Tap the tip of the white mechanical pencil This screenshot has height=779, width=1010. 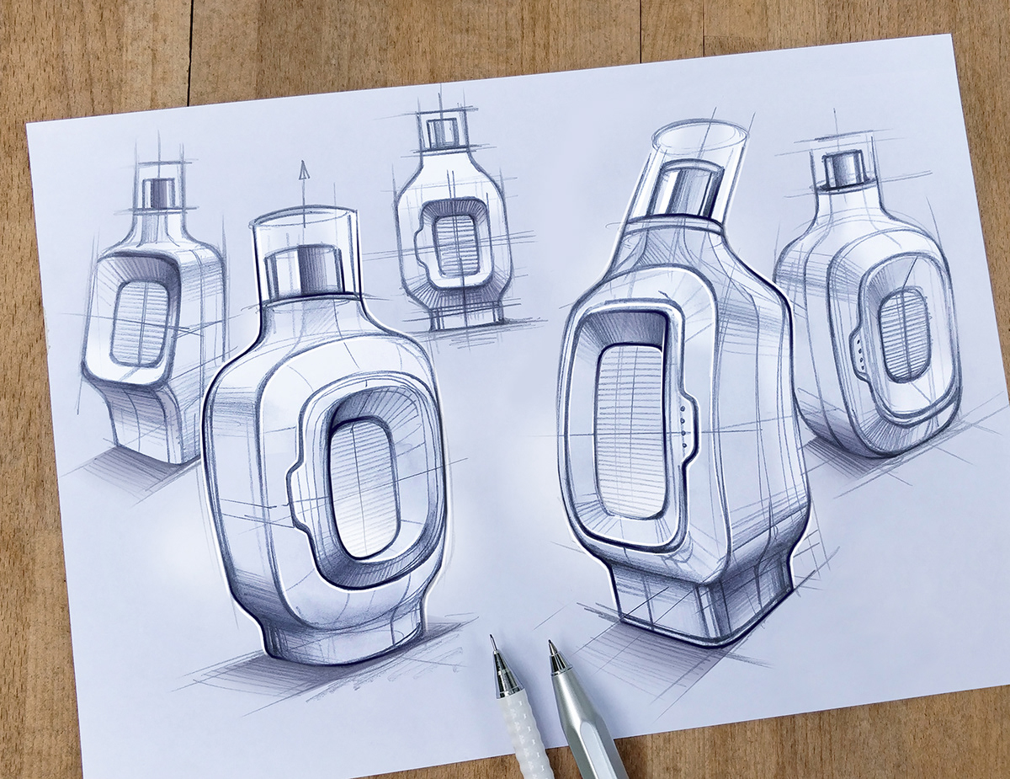tap(492, 640)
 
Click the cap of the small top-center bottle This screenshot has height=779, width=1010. tap(443, 132)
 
